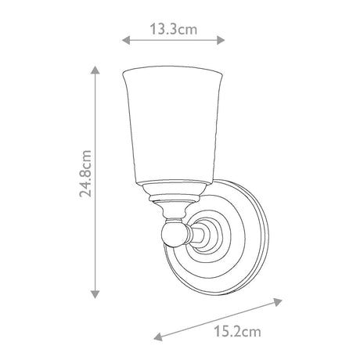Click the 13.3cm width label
click(x=174, y=29)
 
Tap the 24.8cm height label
click(x=86, y=173)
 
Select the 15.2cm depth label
click(x=237, y=332)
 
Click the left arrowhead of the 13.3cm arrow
click(x=126, y=40)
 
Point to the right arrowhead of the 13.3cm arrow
click(x=221, y=40)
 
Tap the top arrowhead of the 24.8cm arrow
click(x=95, y=70)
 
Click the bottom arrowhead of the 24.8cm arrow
click(x=95, y=294)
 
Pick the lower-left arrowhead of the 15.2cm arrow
click(x=158, y=337)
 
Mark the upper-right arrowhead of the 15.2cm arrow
click(x=278, y=302)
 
